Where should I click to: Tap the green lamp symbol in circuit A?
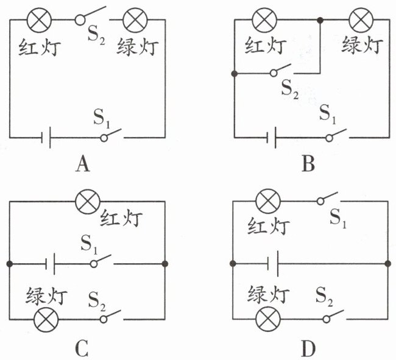(132, 20)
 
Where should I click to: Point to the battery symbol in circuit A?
(47, 138)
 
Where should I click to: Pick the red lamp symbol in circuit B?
(264, 20)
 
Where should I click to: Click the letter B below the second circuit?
(308, 164)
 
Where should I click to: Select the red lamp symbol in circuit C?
(85, 199)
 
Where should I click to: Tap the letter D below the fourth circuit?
(309, 348)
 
